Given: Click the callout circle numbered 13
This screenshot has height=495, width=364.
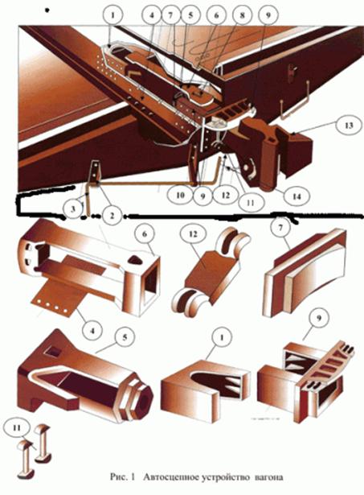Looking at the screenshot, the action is [x=348, y=126].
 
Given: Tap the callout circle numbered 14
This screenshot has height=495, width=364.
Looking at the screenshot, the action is [x=297, y=196].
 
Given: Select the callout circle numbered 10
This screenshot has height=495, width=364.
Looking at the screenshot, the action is [x=180, y=195].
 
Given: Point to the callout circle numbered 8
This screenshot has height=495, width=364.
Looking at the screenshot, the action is [x=242, y=14].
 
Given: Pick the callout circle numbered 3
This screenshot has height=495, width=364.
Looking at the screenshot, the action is [x=73, y=209].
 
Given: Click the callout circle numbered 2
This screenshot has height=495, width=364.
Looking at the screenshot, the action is [x=112, y=216].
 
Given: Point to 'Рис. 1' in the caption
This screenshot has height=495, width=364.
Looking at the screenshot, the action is [x=122, y=476].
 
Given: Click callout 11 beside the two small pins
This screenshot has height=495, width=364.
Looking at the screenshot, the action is [x=17, y=428].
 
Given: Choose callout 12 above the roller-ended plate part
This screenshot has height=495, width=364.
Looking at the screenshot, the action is [x=193, y=234].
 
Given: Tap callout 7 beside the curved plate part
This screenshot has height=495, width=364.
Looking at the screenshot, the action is [x=281, y=228].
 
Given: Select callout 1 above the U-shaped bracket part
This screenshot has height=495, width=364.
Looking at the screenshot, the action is [x=222, y=337].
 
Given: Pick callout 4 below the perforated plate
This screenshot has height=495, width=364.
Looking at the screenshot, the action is [x=92, y=331].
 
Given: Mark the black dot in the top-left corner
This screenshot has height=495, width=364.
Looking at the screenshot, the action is [x=47, y=10].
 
